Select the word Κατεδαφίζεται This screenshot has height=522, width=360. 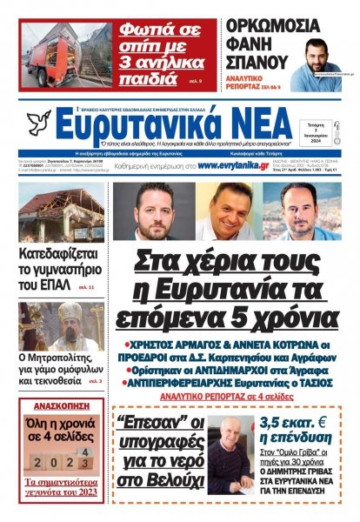[x=61, y=254]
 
